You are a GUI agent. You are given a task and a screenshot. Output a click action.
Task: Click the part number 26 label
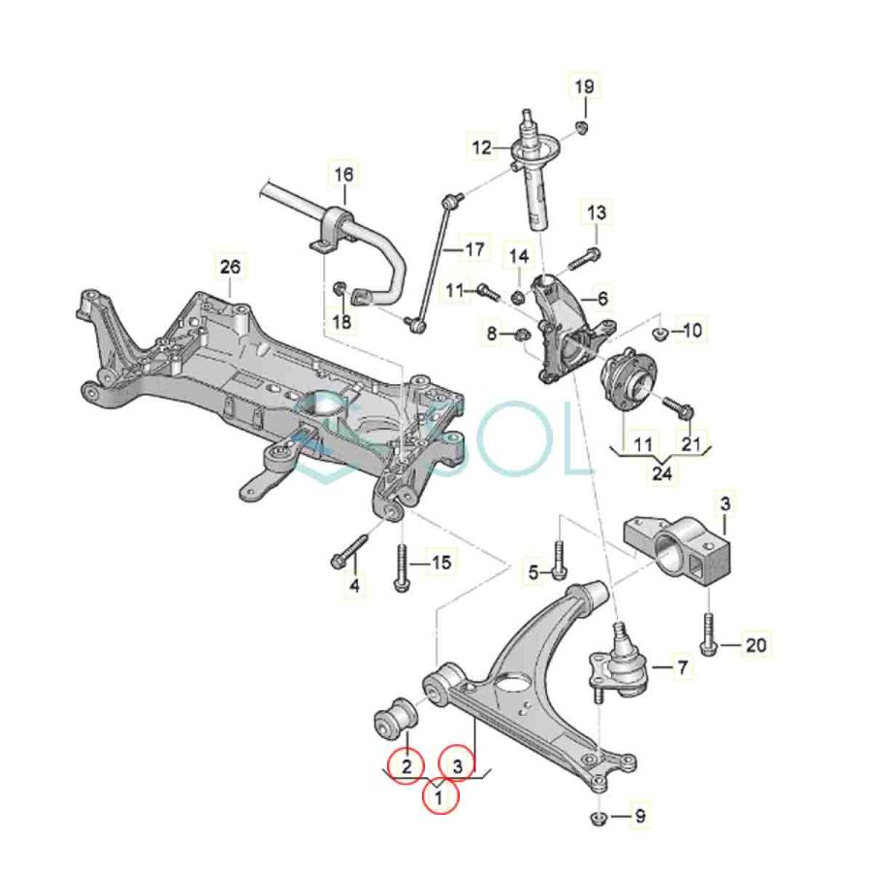[230, 268]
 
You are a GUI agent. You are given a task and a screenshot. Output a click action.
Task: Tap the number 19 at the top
[584, 87]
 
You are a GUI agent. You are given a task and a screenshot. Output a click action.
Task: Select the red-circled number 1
[439, 797]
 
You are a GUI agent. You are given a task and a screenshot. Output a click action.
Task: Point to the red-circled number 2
[406, 766]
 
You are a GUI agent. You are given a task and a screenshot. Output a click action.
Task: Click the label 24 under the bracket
[662, 473]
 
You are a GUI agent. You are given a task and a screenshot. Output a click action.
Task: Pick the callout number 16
[343, 175]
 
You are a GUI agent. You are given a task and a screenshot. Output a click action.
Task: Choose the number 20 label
[756, 645]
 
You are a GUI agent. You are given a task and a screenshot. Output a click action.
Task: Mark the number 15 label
[441, 563]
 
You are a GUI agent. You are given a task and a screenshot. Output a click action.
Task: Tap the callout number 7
[683, 667]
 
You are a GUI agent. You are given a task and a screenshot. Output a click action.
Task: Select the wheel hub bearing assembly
[627, 378]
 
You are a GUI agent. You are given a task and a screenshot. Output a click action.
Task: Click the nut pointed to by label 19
[581, 127]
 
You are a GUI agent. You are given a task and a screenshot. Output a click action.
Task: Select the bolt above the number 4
[349, 551]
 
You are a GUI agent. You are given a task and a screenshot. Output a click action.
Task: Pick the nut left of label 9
[598, 818]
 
